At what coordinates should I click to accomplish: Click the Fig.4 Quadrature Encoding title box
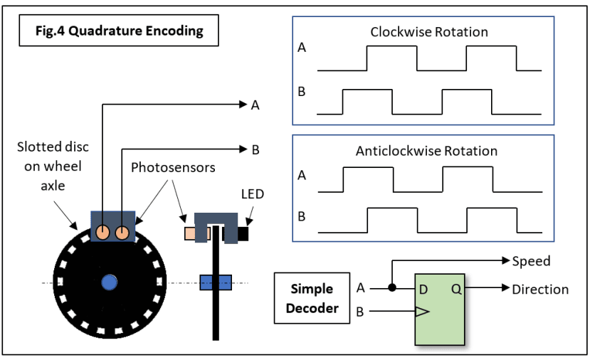point(119,31)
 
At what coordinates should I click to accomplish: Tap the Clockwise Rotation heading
point(429,32)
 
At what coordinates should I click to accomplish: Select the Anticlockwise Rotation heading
point(426,151)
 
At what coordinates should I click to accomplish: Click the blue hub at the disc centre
point(110,282)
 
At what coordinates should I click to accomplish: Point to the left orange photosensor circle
point(102,232)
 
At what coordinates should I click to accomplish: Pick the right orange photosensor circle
point(122,233)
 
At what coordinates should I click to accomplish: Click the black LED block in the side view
point(243,233)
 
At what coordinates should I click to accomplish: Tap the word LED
point(253,194)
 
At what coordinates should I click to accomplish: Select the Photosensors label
point(173,167)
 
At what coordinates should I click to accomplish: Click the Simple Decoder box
point(312,298)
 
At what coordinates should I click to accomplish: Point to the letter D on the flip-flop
point(423,290)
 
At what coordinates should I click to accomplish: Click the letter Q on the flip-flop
point(456,290)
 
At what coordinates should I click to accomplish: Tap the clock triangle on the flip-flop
point(422,312)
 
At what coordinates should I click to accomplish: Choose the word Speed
point(531,261)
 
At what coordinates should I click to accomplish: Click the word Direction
point(540,290)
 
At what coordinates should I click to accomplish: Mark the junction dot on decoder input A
point(392,287)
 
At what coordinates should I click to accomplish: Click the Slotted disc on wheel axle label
point(53,166)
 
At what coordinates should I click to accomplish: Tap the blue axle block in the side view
point(216,282)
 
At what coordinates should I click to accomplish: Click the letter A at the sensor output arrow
point(255,105)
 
